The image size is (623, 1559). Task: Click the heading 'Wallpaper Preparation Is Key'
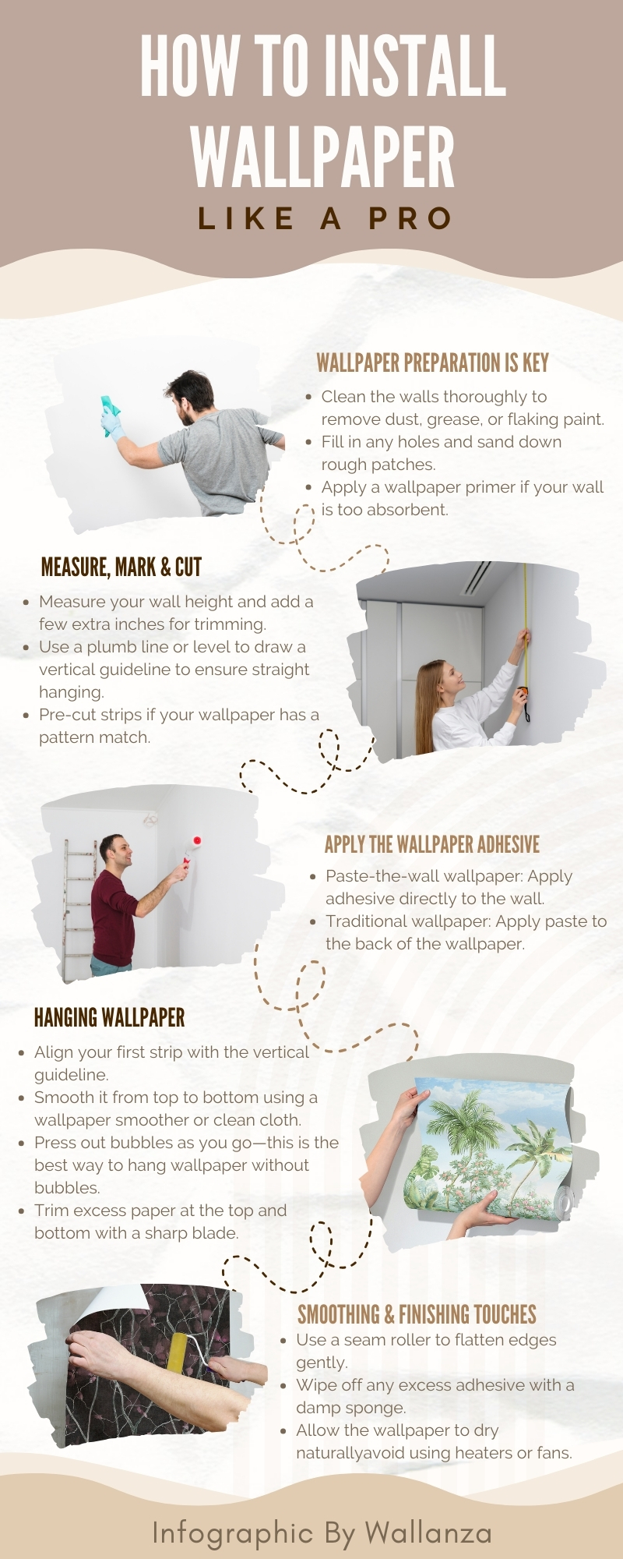pos(432,362)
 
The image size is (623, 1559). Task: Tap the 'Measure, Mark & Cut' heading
pos(121,567)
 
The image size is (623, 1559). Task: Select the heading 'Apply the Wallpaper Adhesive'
pos(432,844)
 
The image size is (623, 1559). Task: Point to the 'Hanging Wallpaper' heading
pos(110,1017)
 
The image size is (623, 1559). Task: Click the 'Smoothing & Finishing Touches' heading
pos(417,1315)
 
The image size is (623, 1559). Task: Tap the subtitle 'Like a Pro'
pos(325,218)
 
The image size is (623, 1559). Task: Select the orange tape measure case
pos(523,691)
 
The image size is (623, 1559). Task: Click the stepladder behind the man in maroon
pos(78,908)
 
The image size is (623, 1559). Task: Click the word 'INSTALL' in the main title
pos(416,66)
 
